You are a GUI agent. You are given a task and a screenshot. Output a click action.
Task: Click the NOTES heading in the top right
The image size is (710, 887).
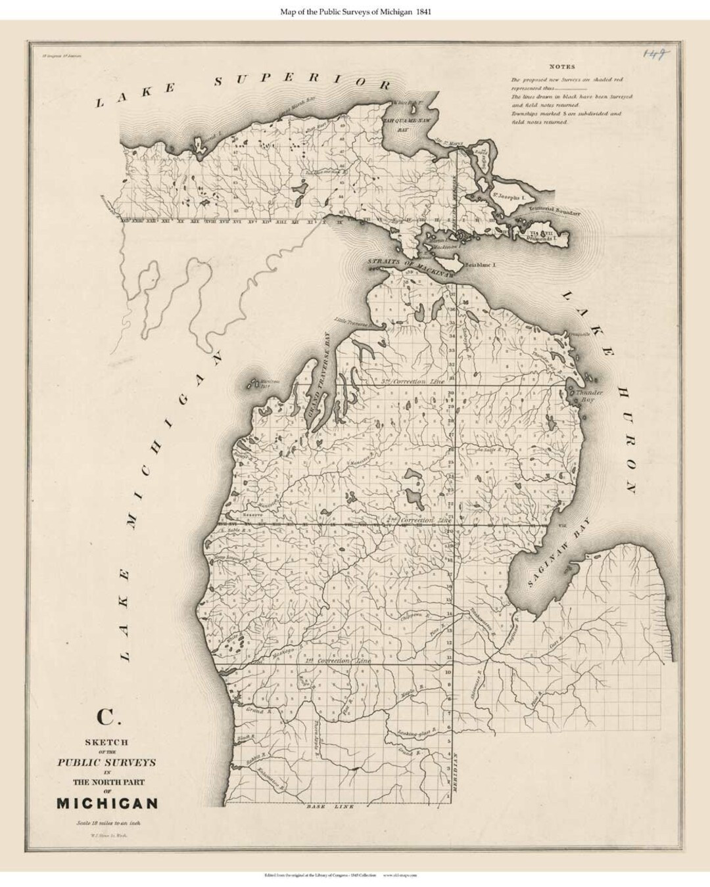(562, 66)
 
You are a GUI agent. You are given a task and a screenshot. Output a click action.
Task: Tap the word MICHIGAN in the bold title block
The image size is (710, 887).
(107, 803)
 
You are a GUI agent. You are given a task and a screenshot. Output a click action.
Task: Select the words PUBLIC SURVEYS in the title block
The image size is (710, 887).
(106, 762)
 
